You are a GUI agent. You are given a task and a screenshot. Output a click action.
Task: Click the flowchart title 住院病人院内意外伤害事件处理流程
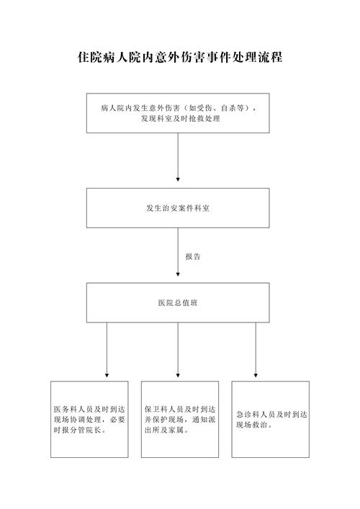coord(180,57)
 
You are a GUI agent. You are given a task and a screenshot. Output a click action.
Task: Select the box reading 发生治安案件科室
coord(178,208)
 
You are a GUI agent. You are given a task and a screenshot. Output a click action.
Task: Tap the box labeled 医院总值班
coord(178,302)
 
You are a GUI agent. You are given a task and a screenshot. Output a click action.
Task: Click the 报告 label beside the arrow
coord(193,256)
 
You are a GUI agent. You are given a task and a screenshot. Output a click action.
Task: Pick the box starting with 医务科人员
coord(89,420)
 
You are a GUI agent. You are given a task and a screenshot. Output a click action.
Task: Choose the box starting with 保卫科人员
coord(180,420)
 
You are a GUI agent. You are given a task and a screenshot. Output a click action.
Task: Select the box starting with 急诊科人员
coord(271,420)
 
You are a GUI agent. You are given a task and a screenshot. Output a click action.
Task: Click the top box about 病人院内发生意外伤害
coord(178,113)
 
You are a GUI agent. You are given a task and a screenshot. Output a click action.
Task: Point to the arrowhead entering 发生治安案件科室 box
coord(178,179)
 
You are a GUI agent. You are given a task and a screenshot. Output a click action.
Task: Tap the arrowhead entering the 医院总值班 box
coord(178,274)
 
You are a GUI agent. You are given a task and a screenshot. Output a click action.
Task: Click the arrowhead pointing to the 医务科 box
coord(107,375)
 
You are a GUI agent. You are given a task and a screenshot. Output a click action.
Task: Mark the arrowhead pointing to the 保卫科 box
coord(178,375)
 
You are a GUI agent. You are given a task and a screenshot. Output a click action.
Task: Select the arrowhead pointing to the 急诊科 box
coord(256,375)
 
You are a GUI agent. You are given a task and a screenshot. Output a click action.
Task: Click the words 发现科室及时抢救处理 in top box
coord(181,119)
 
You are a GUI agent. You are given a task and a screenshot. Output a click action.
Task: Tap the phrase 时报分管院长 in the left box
coord(78,430)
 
